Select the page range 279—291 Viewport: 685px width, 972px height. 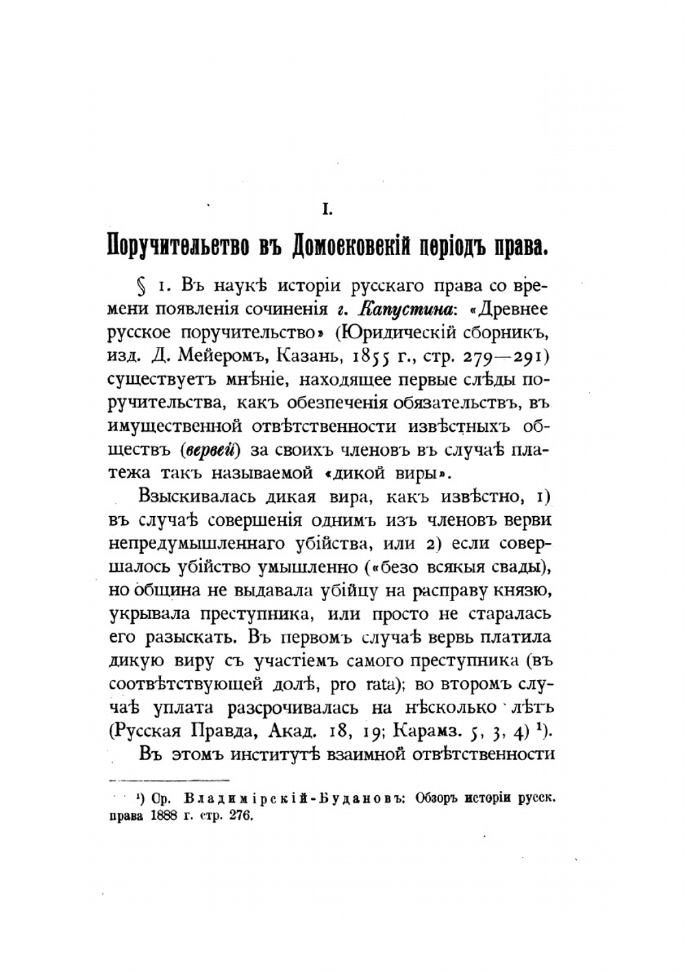(x=503, y=357)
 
